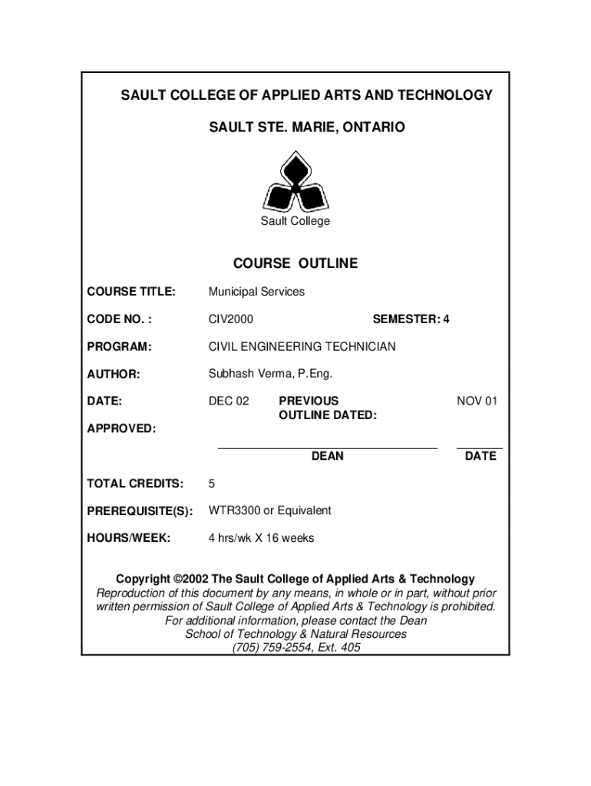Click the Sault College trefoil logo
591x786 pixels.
pyautogui.click(x=295, y=182)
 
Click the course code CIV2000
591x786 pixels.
pyautogui.click(x=231, y=319)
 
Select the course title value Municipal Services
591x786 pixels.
pyautogui.click(x=256, y=292)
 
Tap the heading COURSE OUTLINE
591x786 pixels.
pyautogui.click(x=295, y=263)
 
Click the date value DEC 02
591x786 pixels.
pyautogui.click(x=229, y=401)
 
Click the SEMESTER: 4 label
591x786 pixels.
pyautogui.click(x=411, y=319)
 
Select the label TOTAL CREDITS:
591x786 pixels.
pyautogui.click(x=135, y=484)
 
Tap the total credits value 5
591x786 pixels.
pyautogui.click(x=212, y=484)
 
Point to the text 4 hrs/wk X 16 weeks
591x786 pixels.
pyautogui.click(x=261, y=538)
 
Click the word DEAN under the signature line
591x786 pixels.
pyautogui.click(x=327, y=456)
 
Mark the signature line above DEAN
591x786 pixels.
pyautogui.click(x=328, y=447)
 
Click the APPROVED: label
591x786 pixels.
pyautogui.click(x=121, y=428)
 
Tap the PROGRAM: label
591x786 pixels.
pyautogui.click(x=119, y=347)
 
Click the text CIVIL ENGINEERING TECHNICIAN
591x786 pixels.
pyautogui.click(x=302, y=347)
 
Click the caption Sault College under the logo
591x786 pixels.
pyautogui.click(x=295, y=221)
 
